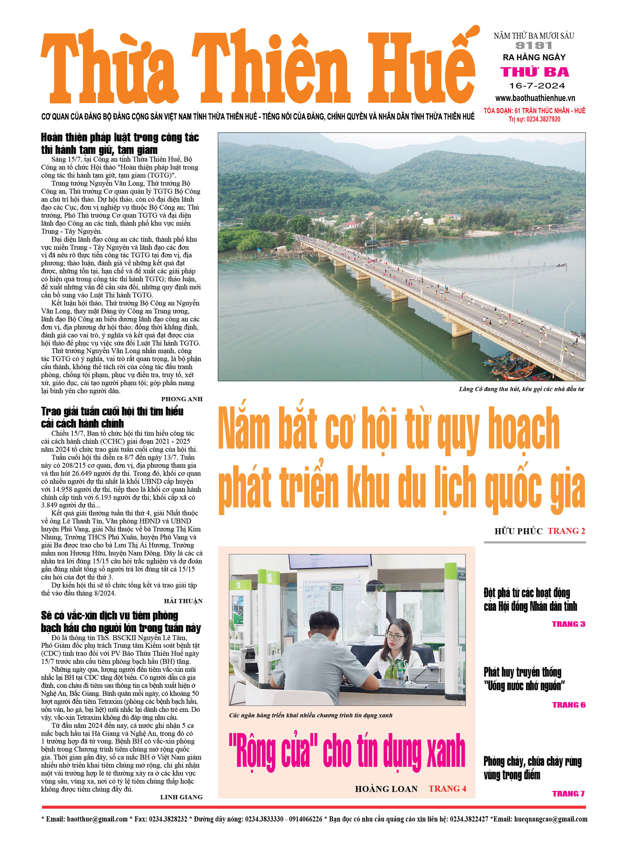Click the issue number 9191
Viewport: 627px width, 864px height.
click(534, 46)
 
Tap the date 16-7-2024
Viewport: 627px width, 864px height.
click(537, 86)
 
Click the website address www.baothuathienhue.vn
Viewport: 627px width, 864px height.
click(535, 98)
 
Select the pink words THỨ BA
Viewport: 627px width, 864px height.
click(534, 72)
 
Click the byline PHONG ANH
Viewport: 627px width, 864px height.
click(182, 399)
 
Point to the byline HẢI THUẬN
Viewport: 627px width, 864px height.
click(183, 601)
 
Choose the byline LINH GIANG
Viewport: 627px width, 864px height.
click(181, 797)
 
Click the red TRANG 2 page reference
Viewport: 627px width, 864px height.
click(566, 531)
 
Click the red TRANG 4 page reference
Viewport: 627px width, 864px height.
click(447, 788)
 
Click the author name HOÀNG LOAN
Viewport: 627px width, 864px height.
click(386, 789)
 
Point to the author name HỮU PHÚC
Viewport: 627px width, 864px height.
click(518, 531)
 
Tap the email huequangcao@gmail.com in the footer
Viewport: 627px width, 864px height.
click(550, 819)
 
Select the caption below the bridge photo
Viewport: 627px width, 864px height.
click(521, 389)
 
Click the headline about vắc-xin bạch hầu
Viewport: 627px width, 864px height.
click(121, 622)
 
